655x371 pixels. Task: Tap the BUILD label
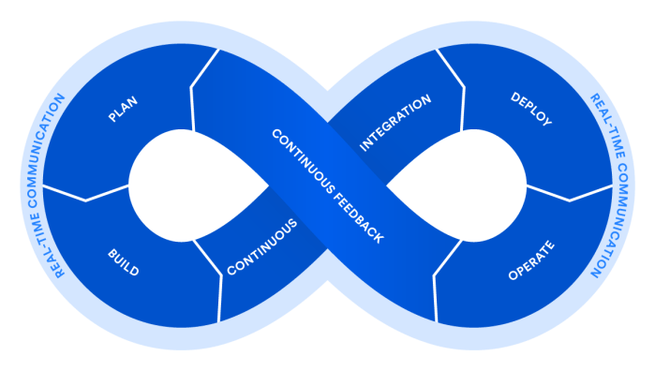(124, 263)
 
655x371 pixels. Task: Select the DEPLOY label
(530, 109)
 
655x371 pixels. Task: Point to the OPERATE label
(531, 261)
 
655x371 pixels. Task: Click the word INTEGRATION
(395, 122)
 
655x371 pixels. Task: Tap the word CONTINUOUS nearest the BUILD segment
(262, 246)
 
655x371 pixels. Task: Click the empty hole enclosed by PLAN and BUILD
(187, 185)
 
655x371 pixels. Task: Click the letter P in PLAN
(112, 118)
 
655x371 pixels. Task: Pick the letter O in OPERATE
(513, 276)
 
